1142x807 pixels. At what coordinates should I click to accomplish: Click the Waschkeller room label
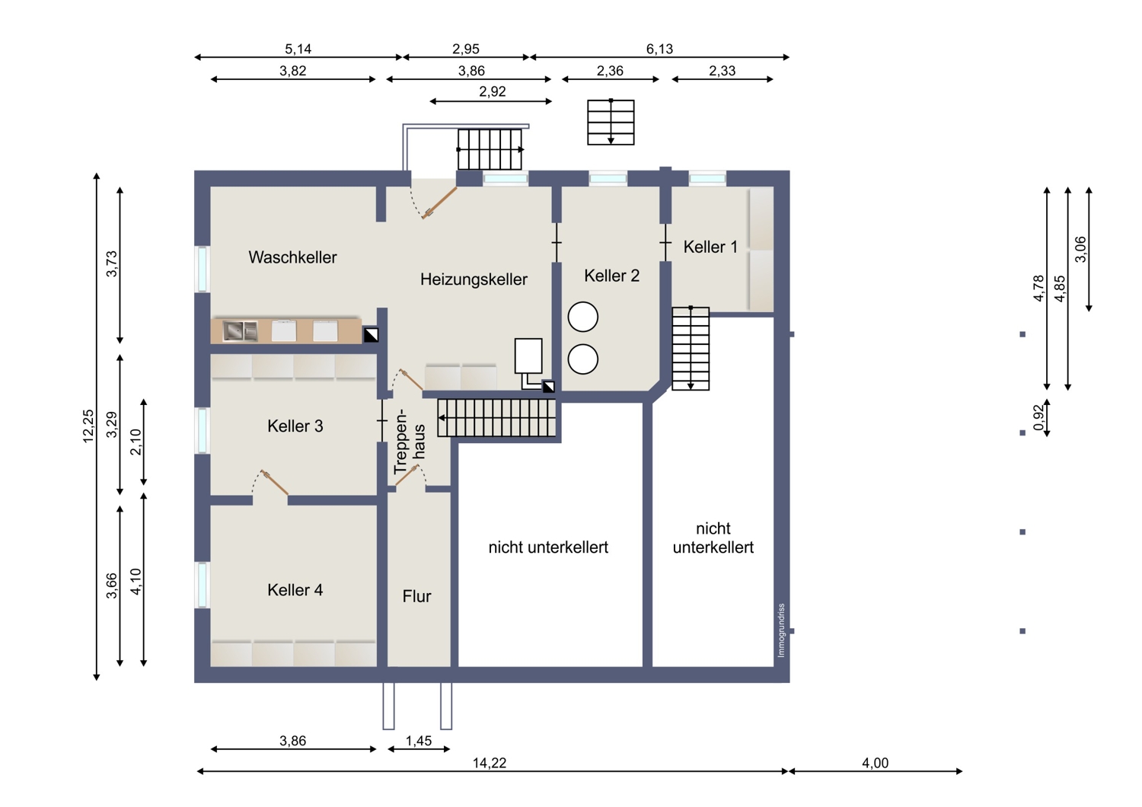click(292, 257)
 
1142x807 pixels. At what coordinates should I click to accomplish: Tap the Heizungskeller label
click(474, 279)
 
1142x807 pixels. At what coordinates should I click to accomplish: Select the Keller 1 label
click(710, 247)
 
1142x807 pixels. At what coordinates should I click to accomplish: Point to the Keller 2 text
click(611, 276)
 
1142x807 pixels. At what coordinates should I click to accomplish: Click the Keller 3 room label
click(295, 426)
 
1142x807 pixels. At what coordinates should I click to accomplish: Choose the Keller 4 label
click(295, 590)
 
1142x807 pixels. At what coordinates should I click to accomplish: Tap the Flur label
click(416, 596)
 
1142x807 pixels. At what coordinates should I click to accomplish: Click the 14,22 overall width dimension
click(489, 763)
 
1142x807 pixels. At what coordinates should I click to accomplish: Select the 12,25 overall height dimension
click(88, 426)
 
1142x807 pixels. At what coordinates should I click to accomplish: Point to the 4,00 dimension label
click(875, 763)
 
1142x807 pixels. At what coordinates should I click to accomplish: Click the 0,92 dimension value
click(1038, 418)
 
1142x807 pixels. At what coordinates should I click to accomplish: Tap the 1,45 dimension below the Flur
click(419, 741)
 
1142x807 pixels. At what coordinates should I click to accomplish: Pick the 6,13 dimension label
click(659, 49)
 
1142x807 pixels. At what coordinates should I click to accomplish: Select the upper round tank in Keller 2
click(582, 317)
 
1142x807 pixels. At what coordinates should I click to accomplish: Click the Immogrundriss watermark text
click(782, 630)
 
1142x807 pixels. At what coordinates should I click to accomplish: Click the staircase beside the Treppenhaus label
click(496, 418)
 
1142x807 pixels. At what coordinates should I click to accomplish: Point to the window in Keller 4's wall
click(203, 585)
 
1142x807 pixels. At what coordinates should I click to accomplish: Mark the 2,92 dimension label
click(492, 92)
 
